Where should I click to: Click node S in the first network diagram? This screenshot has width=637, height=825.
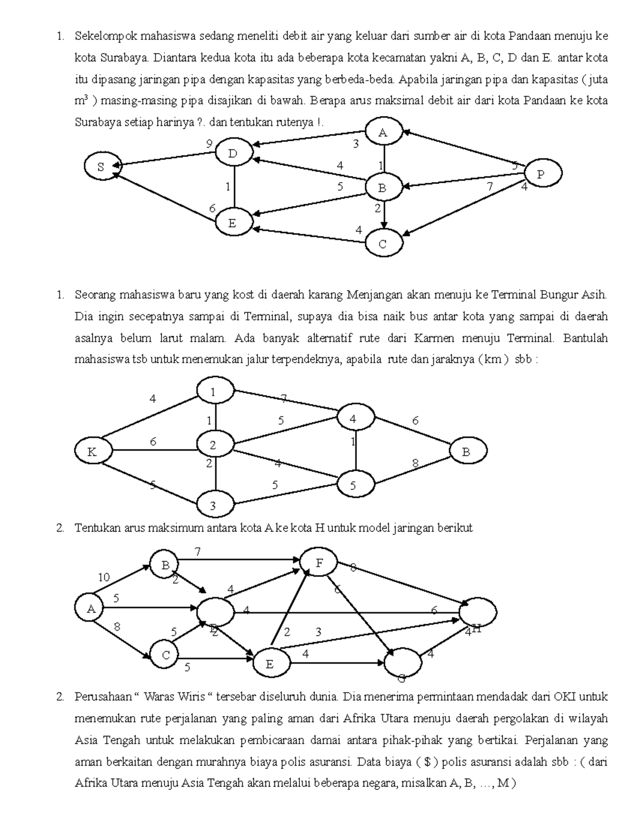pos(101,166)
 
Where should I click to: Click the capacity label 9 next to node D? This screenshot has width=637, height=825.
pos(210,143)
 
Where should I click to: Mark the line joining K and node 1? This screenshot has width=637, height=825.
pos(151,414)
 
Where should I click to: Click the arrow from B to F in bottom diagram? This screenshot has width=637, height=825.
pos(239,559)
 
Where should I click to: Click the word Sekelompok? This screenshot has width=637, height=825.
pos(106,37)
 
